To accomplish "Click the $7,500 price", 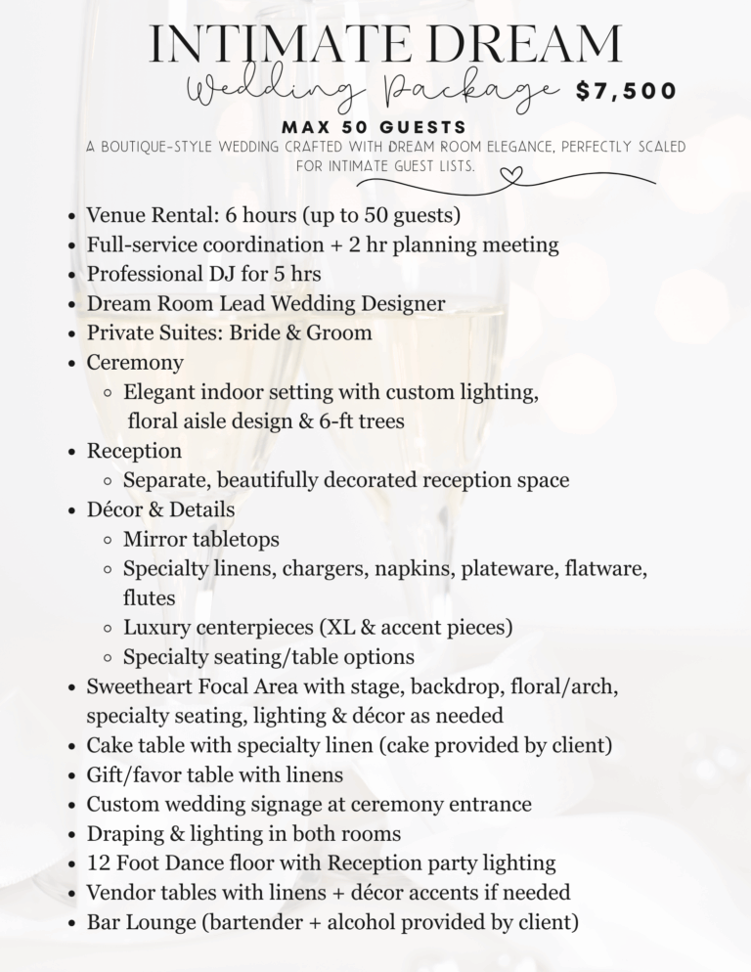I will point(626,92).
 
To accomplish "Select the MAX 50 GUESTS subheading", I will point(374,128).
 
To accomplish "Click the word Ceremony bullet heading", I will point(135,363).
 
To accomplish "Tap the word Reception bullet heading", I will point(134,451).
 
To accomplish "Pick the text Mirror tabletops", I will point(201,539).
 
